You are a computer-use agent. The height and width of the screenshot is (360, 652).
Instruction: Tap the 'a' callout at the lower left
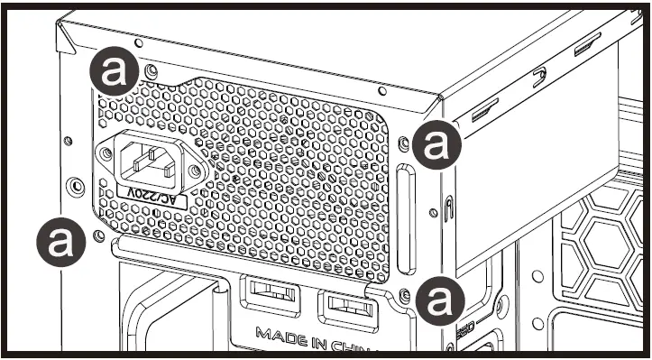point(60,241)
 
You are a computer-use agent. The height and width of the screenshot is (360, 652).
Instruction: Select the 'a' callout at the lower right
point(437,299)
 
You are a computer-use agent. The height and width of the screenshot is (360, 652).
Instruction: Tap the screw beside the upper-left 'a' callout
point(152,69)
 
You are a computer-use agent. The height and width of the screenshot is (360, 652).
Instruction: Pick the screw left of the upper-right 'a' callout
point(404,142)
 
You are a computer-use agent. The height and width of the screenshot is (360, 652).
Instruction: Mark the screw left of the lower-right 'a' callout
point(405,294)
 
